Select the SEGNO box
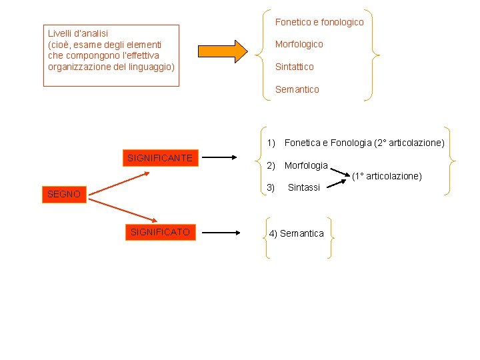tap(64, 195)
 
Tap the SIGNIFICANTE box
tap(160, 158)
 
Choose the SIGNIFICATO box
tap(160, 232)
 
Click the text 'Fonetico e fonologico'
tap(319, 22)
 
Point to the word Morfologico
tap(299, 44)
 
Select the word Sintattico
tap(294, 67)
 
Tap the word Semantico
tap(297, 89)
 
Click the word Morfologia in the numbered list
tap(306, 165)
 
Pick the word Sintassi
tap(304, 188)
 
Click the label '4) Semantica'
tap(296, 233)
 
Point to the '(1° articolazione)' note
tap(387, 176)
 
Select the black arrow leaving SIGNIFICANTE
tap(219, 158)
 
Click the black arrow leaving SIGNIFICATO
tap(221, 233)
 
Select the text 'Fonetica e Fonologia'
tap(328, 143)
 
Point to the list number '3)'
tap(271, 187)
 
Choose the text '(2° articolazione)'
tap(409, 143)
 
